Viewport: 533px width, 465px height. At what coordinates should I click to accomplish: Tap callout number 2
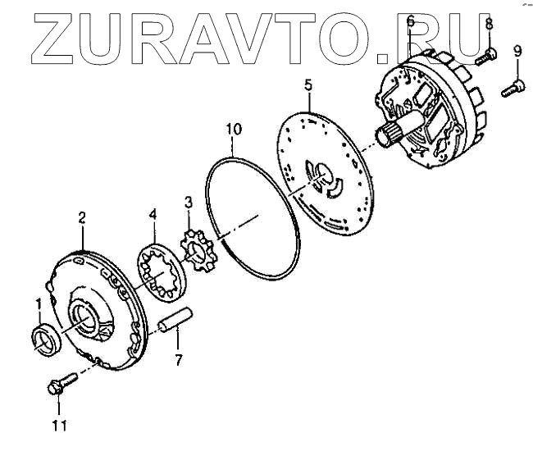click(82, 217)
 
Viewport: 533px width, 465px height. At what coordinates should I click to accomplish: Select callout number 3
click(188, 201)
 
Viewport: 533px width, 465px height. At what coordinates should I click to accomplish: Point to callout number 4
click(152, 215)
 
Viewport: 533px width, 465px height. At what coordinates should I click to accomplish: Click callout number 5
click(308, 84)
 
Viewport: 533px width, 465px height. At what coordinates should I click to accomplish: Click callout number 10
click(234, 129)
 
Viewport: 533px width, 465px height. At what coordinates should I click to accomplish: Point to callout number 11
click(58, 425)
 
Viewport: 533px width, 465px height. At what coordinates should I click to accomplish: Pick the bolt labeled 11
click(61, 383)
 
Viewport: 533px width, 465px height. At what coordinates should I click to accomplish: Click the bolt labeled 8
click(487, 56)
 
